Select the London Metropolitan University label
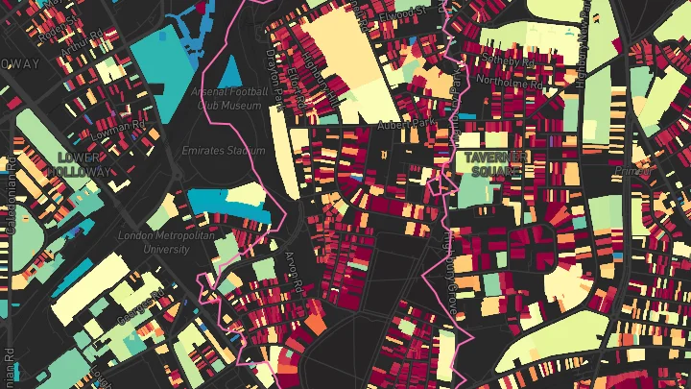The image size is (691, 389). click(154, 241)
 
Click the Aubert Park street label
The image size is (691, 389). click(404, 126)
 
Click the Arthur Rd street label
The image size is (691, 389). click(84, 42)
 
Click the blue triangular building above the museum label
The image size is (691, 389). click(228, 70)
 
